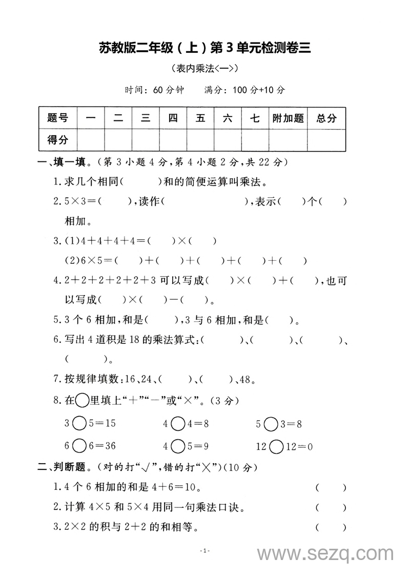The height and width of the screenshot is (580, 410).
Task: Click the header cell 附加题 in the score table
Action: (x=288, y=118)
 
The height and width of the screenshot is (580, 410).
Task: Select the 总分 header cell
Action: (x=326, y=118)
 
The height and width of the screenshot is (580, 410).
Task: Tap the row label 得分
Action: (x=57, y=139)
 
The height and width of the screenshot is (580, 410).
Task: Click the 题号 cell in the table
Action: (x=57, y=118)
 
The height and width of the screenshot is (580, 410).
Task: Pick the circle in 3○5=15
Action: (x=79, y=424)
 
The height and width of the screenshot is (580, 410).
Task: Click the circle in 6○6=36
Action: (x=79, y=446)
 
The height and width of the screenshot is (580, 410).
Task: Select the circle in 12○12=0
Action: (x=276, y=446)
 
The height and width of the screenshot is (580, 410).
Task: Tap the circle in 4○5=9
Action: (x=178, y=446)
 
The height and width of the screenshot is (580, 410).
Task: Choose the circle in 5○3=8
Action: (x=272, y=424)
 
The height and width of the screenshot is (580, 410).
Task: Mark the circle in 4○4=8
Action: (x=178, y=424)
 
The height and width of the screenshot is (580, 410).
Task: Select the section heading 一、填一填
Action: (x=60, y=162)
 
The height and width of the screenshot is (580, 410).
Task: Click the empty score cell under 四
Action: (x=173, y=139)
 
